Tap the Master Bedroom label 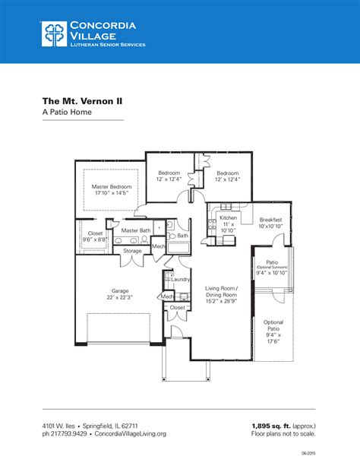[112, 187]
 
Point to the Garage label [120, 290]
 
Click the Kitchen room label [229, 218]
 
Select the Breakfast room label [270, 219]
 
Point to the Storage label [132, 250]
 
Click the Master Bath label [135, 230]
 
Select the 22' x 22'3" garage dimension [120, 297]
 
